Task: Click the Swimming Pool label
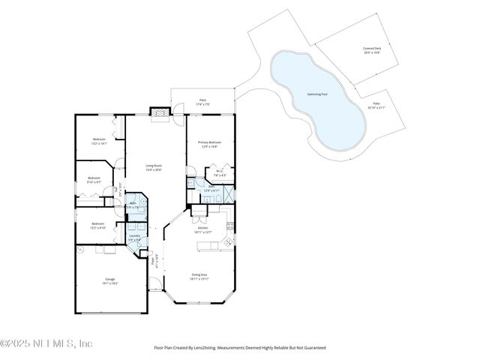[317, 94]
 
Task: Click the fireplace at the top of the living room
[160, 113]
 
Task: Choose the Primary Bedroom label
[209, 145]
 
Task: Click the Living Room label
[153, 168]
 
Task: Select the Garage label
[109, 281]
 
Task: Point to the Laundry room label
[134, 238]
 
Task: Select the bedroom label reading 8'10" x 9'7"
[94, 180]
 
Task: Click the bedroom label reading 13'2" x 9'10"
[99, 226]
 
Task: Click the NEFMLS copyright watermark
[46, 343]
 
